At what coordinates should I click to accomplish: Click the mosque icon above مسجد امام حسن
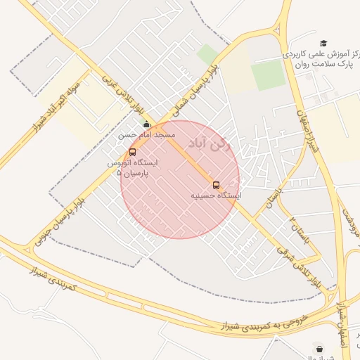(x=146, y=124)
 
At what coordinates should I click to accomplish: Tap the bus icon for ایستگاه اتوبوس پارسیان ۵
(x=133, y=152)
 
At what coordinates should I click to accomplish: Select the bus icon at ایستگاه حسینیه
(x=216, y=185)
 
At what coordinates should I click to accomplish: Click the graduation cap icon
(x=323, y=43)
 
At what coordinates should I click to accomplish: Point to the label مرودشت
(x=350, y=221)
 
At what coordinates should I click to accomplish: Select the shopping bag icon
(x=319, y=348)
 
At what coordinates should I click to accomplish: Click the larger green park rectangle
(x=269, y=75)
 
